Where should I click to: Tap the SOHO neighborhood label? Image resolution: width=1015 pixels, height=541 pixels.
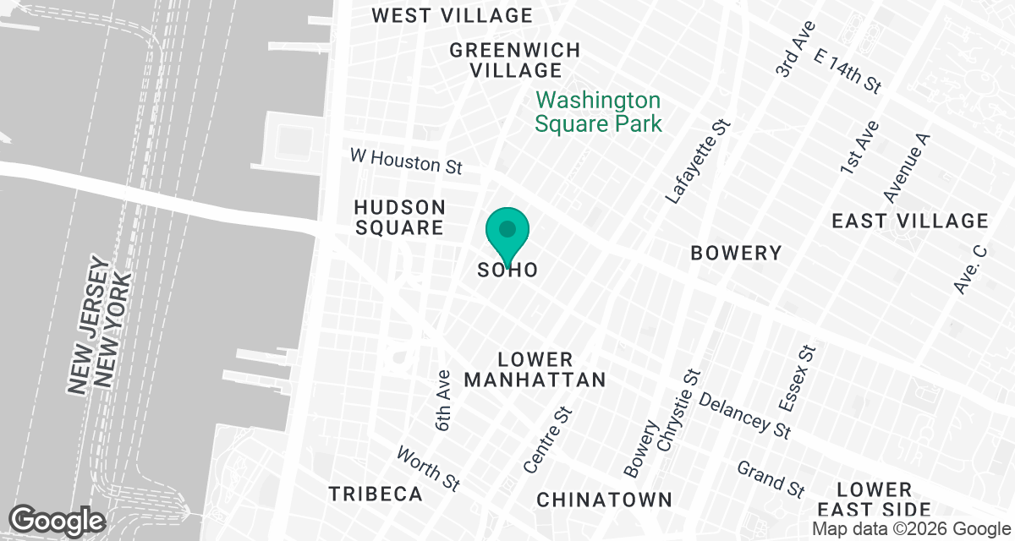pos(507,270)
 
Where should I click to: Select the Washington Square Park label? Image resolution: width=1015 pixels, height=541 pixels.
pos(598,112)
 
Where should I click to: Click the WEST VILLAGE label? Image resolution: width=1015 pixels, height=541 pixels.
pos(453,15)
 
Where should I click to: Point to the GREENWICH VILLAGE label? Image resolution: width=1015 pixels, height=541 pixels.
pos(515,60)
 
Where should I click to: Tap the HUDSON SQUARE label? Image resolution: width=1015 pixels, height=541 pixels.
pos(399,217)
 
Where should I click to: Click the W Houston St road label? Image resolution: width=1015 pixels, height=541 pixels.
pos(406,161)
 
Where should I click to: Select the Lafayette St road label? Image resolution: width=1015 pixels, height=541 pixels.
pos(699,161)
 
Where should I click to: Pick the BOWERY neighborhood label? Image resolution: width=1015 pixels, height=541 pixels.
pos(736,253)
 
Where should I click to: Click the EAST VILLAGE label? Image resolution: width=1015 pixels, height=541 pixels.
pos(909,221)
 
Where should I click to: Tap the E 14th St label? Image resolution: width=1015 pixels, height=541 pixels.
pos(847,70)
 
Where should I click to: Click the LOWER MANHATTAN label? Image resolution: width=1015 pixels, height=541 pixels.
pos(535,369)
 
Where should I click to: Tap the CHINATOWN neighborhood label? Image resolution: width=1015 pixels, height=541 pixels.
pos(604,500)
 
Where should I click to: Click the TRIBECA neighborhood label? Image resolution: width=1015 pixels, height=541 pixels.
pos(376,494)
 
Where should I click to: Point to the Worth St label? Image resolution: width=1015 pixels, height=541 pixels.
pos(429,468)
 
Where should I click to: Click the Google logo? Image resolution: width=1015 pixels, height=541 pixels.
pos(57,519)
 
